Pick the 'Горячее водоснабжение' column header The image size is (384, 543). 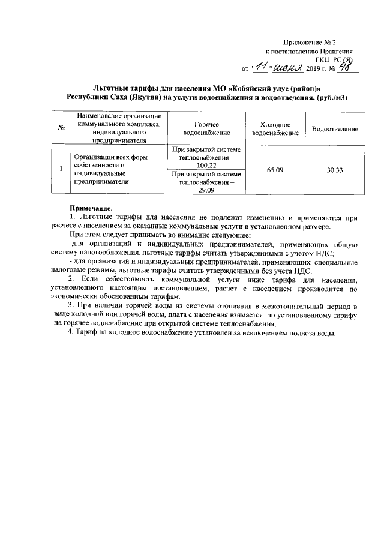206,128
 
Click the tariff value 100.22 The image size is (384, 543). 206,164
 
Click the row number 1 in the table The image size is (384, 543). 61,170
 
